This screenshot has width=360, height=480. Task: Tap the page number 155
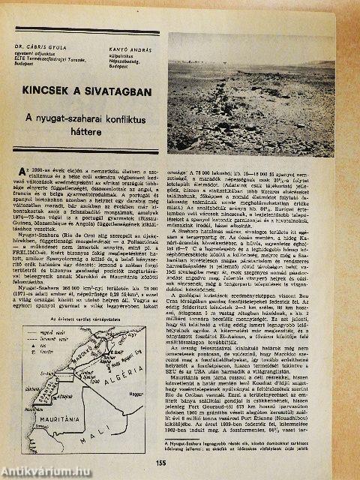pos(181,463)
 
